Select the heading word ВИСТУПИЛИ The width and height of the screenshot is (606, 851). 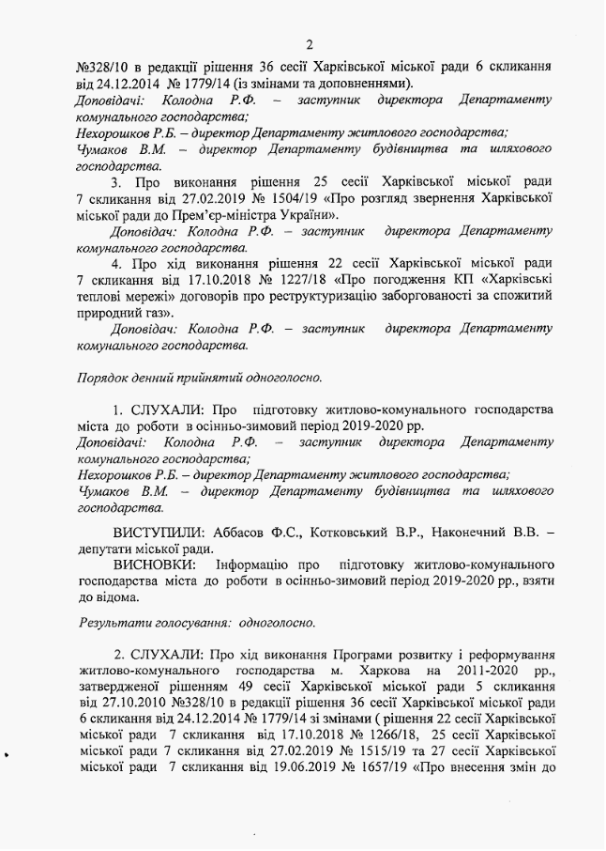(x=155, y=533)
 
